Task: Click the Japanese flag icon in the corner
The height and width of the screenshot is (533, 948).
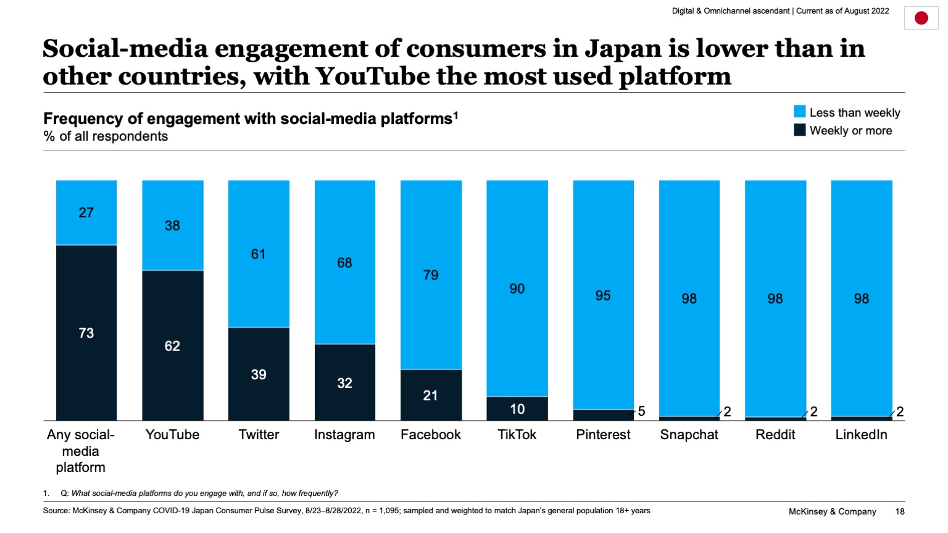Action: [921, 18]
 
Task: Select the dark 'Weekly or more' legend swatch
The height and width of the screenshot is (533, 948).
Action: [799, 130]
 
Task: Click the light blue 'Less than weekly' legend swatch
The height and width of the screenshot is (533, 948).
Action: [799, 112]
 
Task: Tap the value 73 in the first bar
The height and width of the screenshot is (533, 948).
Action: [86, 333]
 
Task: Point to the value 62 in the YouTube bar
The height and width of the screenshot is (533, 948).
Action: [172, 346]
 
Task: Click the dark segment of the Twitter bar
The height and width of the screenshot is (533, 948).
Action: [259, 374]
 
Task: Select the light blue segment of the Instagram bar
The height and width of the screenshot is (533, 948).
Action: [344, 262]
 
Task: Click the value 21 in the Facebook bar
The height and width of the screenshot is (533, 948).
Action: [430, 395]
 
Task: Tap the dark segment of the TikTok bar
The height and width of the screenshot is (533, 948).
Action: [517, 408]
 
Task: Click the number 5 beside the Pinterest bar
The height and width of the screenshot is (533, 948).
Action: [641, 411]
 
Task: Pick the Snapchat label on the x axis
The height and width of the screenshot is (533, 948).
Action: [689, 435]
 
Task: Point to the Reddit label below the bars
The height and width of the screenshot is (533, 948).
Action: [775, 435]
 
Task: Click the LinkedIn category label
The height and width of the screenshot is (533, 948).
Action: [861, 435]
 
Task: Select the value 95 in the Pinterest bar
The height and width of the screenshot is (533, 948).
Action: [603, 295]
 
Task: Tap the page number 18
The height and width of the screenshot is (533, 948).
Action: [900, 511]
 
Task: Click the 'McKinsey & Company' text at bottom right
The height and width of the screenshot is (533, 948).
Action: [832, 511]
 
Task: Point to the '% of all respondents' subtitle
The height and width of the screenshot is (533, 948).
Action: [106, 136]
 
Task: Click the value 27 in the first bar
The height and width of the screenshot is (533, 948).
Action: [86, 213]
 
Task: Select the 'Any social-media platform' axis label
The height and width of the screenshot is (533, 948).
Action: [80, 451]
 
